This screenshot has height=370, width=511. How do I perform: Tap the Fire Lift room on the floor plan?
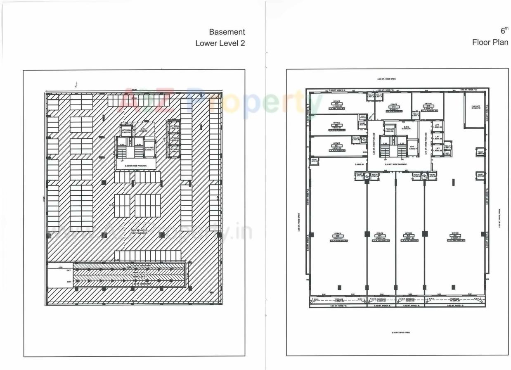[390, 130]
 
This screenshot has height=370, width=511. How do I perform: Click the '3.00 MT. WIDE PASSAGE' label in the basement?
[136, 166]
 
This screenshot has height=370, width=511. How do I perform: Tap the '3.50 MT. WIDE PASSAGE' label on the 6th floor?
[395, 164]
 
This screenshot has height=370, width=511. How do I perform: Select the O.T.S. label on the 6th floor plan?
[406, 128]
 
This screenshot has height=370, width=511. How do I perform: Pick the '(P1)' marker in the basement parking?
[111, 205]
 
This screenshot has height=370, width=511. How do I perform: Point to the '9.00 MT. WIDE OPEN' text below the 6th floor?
[400, 333]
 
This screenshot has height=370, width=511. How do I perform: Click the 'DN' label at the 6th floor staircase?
[402, 159]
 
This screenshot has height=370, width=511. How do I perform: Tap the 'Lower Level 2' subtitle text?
[220, 43]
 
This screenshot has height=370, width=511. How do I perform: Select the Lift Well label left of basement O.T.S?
[126, 131]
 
